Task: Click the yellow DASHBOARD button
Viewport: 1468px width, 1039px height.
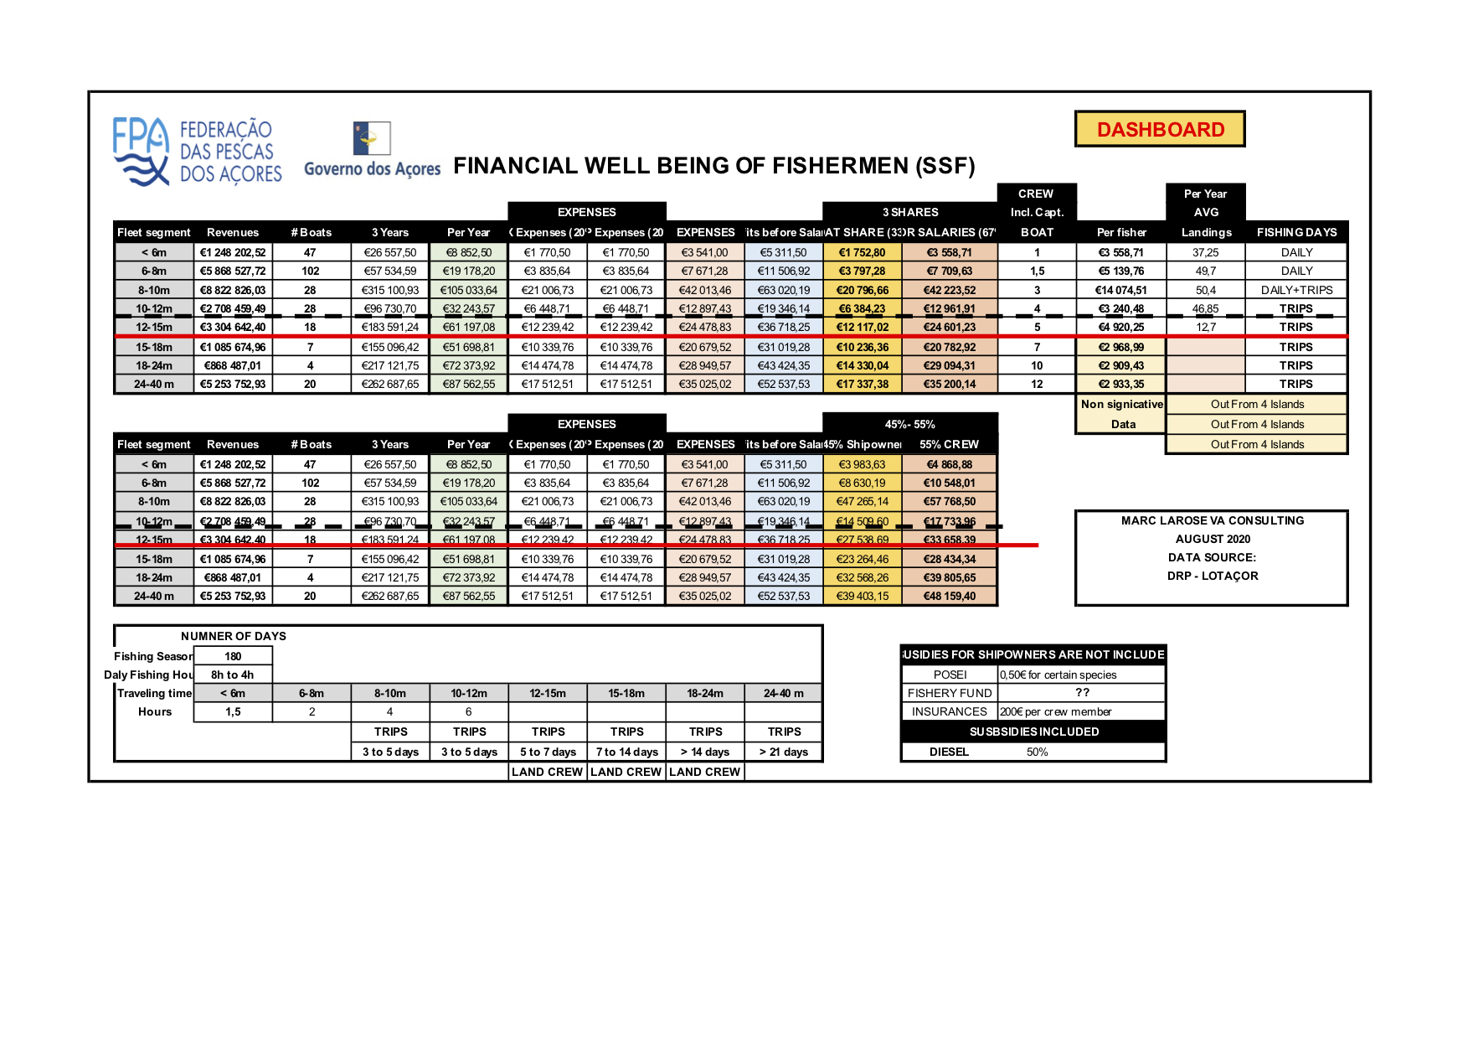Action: point(1160,129)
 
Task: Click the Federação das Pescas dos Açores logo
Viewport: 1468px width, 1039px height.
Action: point(198,152)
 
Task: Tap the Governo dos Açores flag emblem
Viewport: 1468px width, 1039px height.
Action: point(372,138)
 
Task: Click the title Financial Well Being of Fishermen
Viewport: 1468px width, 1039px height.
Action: point(714,166)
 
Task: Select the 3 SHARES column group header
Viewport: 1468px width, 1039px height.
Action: point(910,212)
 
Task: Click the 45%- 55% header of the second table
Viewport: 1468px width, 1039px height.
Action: point(910,424)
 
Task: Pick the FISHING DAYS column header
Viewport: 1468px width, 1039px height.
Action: point(1296,232)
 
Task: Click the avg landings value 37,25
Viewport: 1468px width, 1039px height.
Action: point(1206,252)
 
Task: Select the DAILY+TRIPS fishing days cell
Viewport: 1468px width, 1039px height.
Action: point(1296,290)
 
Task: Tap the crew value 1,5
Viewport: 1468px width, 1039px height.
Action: point(1037,271)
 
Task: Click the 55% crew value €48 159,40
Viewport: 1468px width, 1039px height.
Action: point(950,596)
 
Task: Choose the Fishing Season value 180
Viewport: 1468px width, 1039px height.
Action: point(233,656)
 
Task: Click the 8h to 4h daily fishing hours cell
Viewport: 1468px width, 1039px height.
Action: point(233,675)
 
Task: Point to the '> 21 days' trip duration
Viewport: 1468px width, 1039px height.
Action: point(784,752)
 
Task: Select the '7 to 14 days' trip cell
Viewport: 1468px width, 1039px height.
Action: point(626,752)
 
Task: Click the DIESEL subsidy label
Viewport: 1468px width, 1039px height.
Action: point(949,752)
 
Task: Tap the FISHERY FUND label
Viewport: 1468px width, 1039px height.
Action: point(950,693)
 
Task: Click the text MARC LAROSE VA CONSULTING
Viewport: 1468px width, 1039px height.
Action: point(1213,520)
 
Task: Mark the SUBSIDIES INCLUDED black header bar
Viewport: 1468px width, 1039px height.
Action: point(1033,731)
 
